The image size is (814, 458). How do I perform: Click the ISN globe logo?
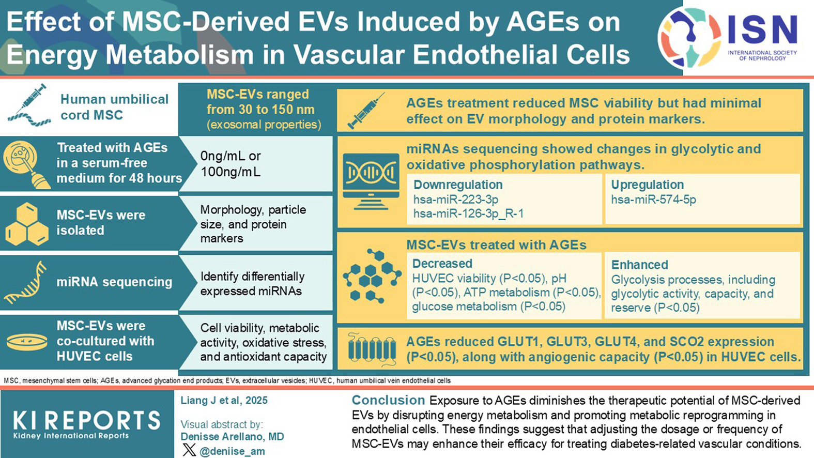coord(689,38)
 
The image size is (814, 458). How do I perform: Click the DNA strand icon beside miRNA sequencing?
coord(25,282)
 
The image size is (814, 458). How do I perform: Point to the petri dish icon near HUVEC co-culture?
coord(27,342)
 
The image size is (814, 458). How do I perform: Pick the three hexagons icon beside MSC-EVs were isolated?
coord(27,224)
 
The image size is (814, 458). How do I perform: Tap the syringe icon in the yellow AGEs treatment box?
coord(366,111)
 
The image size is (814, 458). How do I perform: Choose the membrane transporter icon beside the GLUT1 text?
coord(372,349)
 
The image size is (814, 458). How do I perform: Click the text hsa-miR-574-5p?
coord(653,200)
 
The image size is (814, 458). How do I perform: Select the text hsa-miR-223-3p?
coord(456,200)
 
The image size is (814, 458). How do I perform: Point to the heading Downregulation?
coord(458,185)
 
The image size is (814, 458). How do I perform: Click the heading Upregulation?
coord(647,185)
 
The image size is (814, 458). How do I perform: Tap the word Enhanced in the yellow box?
coord(640,265)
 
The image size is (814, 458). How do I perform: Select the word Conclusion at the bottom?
coord(388,400)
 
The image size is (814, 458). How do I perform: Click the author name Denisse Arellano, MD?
coord(232,437)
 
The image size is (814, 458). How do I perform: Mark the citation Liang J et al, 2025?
coord(224,401)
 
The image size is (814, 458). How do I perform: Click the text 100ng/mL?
coord(231,172)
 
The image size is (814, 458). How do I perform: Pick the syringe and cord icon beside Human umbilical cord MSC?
coord(29,105)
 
